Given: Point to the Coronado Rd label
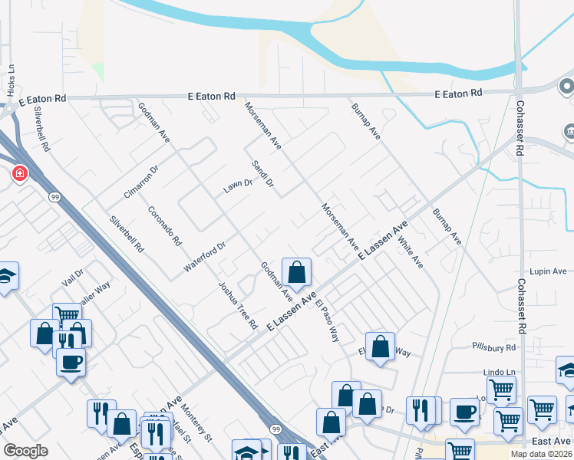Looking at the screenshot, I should [164, 225].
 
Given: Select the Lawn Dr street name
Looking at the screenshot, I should [238, 185].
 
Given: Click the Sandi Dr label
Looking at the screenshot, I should [263, 174].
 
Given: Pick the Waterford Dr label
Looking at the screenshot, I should [204, 257].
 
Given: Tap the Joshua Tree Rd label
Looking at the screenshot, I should [237, 305].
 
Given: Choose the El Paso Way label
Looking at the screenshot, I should [325, 319].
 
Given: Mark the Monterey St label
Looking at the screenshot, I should [197, 425].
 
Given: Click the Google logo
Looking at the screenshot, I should [25, 451].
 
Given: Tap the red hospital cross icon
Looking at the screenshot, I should [18, 174].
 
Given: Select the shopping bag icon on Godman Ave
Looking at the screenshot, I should [296, 271].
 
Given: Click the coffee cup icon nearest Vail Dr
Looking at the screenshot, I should [71, 362].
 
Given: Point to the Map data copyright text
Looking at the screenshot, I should [540, 454].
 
